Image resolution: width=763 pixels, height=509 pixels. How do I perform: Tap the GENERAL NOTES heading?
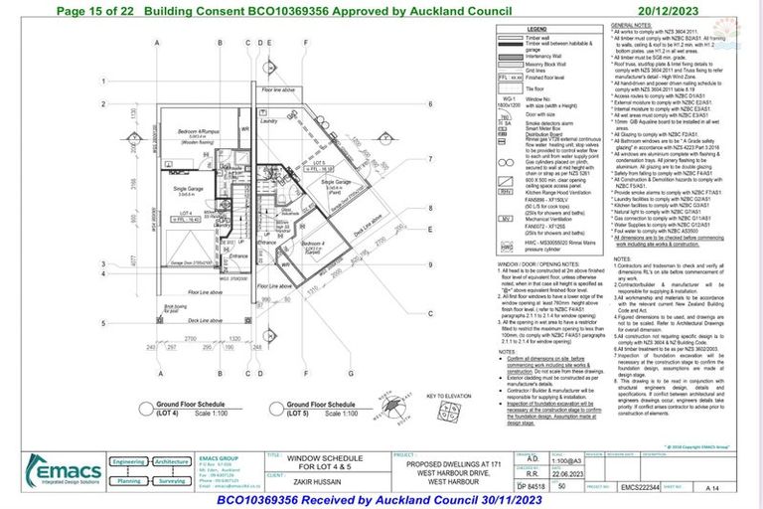tap(632, 24)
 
